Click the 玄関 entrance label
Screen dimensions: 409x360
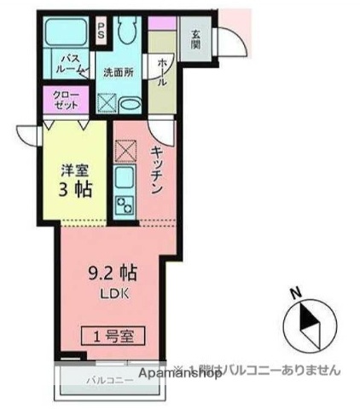tap(195, 39)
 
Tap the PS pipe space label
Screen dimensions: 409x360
tap(102, 32)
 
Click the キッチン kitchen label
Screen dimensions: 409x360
tap(157, 171)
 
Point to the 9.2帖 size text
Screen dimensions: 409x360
tap(113, 274)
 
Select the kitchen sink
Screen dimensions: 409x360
tap(125, 180)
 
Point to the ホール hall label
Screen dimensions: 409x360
tap(162, 70)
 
